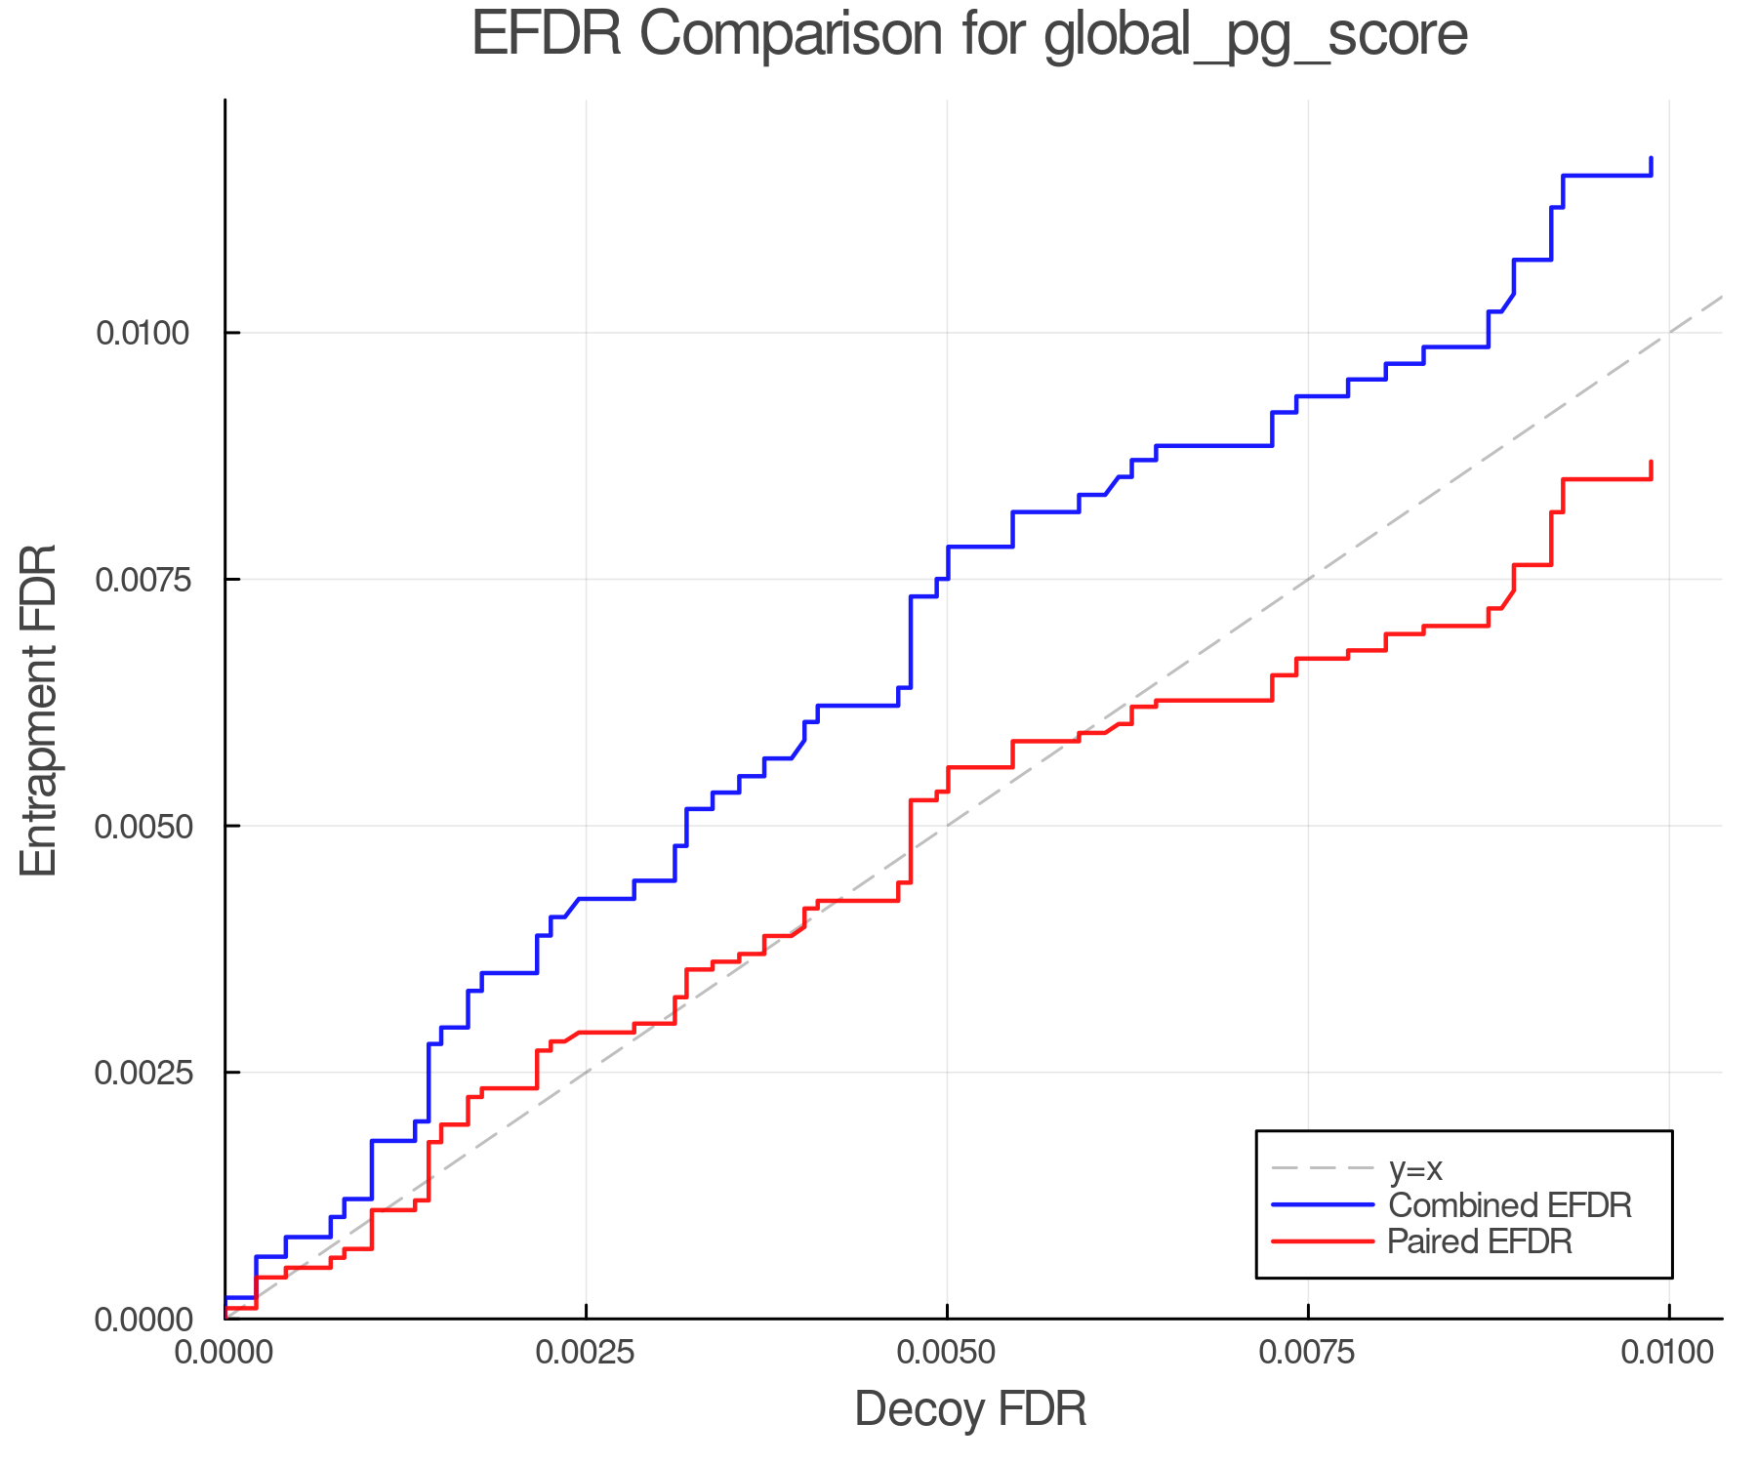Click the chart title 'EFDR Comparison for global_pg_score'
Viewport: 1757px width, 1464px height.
[x=969, y=35]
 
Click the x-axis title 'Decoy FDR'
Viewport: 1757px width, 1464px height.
[x=970, y=1409]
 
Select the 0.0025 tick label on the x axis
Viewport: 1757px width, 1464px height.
[x=586, y=1352]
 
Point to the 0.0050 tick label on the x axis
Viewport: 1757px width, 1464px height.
[x=947, y=1352]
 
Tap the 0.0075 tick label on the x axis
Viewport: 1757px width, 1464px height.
[x=1308, y=1352]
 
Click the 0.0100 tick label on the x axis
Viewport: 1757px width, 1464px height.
[x=1668, y=1352]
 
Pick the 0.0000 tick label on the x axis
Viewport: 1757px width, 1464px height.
[x=225, y=1352]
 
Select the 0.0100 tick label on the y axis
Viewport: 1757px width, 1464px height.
[x=142, y=333]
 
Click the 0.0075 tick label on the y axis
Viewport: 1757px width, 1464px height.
[x=142, y=580]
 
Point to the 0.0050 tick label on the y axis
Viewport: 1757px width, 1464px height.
[x=142, y=826]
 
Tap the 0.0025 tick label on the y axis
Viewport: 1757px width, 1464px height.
[x=142, y=1073]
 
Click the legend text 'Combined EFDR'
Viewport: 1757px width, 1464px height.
[x=1509, y=1204]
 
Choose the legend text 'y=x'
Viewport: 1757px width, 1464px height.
[x=1415, y=1168]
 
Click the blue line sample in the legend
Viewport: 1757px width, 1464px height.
[x=1323, y=1204]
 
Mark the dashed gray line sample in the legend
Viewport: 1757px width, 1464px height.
[x=1323, y=1168]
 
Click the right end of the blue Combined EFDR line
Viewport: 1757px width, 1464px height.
[x=1651, y=158]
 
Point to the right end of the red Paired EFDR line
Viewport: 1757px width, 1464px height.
[x=1651, y=462]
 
